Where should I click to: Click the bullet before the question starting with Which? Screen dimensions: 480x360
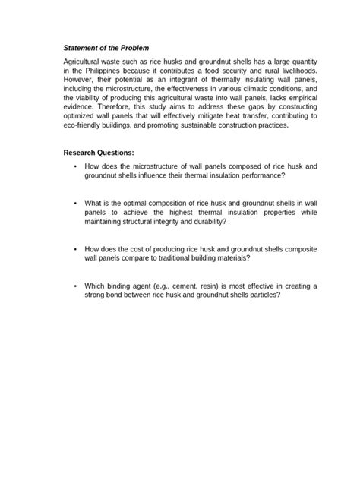click(x=75, y=286)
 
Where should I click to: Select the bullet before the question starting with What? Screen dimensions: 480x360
click(x=75, y=204)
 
